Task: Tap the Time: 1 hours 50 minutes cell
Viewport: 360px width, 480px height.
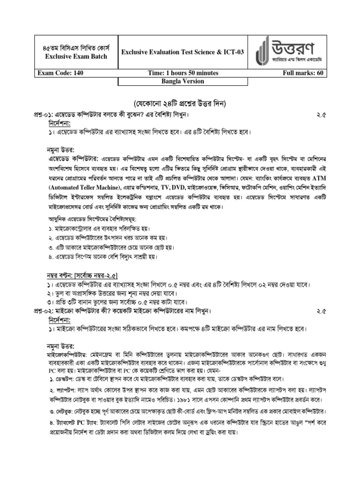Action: [x=183, y=73]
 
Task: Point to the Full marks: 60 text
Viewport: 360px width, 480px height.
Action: [x=303, y=73]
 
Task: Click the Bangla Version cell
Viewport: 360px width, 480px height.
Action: [x=183, y=82]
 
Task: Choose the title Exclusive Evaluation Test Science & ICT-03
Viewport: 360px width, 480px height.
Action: [x=183, y=52]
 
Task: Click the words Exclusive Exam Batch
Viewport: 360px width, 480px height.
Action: [x=76, y=57]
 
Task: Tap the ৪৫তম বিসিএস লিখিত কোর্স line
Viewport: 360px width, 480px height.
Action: [x=76, y=47]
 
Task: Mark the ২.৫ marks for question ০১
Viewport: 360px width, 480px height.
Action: [x=321, y=114]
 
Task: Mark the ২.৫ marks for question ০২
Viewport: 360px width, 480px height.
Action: [x=321, y=311]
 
